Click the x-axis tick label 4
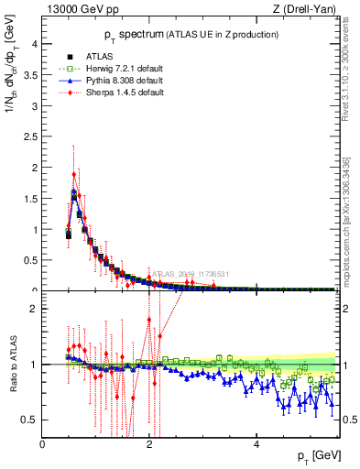pos(256,444)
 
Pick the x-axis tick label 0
pos(43,444)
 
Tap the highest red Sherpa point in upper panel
pos(74,174)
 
